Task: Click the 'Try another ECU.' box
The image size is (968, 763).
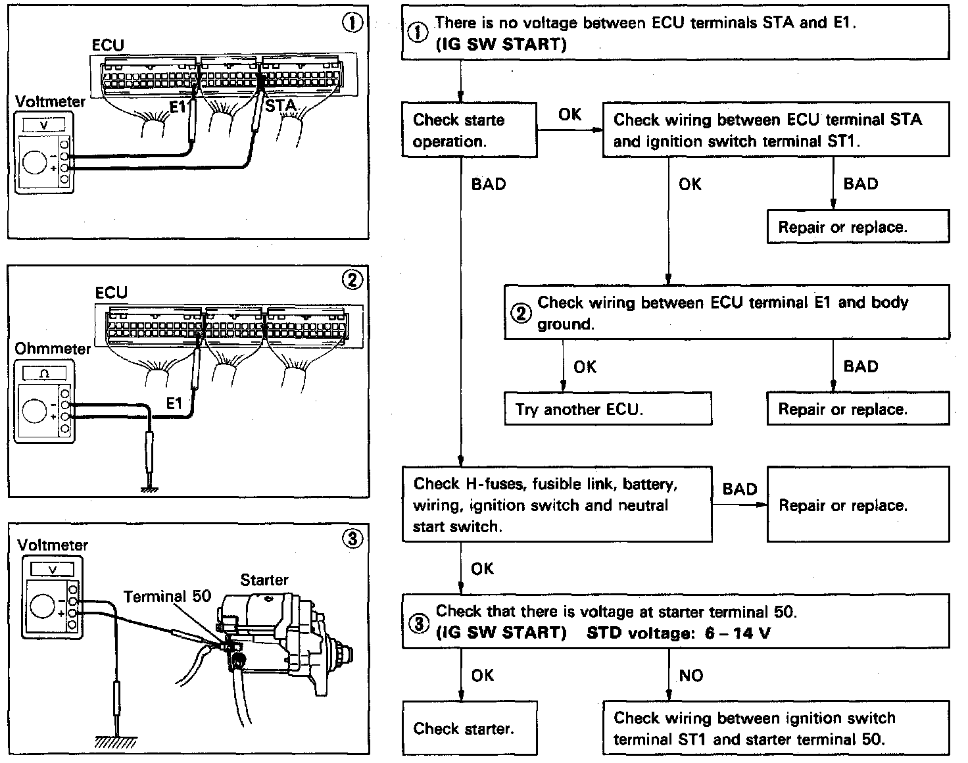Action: point(607,409)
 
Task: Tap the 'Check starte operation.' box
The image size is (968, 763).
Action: point(469,130)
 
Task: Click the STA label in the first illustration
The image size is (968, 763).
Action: point(281,106)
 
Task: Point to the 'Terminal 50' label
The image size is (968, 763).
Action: point(167,597)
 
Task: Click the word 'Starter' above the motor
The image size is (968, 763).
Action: point(264,579)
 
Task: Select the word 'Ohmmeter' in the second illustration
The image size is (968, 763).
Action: point(53,349)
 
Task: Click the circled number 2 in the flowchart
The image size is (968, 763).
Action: point(521,314)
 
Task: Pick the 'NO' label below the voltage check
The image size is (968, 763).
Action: point(690,676)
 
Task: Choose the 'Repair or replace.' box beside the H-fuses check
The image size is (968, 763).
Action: point(858,505)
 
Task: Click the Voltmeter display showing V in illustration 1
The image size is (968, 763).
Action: point(43,124)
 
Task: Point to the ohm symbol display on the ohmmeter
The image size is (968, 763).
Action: point(44,373)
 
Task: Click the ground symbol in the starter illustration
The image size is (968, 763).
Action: point(116,741)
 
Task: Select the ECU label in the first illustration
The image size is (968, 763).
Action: point(107,45)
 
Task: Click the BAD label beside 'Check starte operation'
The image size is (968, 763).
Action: point(488,184)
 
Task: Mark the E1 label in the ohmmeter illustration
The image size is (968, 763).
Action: point(174,403)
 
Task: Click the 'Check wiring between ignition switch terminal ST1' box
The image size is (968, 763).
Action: point(775,728)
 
